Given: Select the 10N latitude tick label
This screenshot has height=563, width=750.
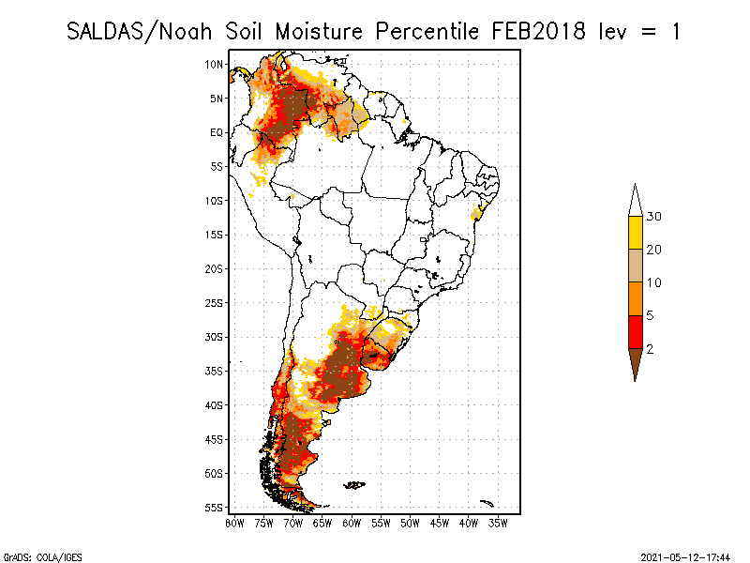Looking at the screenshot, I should coord(215,64).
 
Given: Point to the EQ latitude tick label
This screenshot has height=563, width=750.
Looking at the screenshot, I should coord(217,132).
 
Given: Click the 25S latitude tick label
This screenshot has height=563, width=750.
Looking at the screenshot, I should coord(215,303).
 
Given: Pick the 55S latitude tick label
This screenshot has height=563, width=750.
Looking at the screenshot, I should coord(215,508).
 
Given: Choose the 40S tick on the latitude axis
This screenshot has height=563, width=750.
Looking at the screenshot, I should coord(215,405).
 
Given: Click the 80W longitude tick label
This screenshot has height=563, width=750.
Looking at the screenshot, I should coord(234,524).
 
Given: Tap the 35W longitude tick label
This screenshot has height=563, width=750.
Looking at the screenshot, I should coord(499,524).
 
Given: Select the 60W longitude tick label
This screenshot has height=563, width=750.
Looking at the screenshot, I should coord(352,524).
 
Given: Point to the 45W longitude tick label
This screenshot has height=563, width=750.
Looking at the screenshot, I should coord(440,524).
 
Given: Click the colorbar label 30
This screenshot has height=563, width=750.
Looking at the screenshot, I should coord(654,217).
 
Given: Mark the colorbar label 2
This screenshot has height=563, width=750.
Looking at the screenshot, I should coord(650,349).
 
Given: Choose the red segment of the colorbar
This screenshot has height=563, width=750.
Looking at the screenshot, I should coord(635,332).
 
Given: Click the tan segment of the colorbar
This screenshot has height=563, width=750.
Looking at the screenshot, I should coord(635,266).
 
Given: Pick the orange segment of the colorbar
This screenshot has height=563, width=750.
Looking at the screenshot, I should coord(635,299).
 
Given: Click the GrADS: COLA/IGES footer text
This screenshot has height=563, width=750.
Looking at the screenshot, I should coord(30,556).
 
